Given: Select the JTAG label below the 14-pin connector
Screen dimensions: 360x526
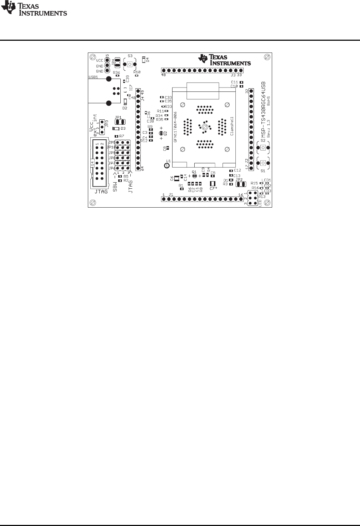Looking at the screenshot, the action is click(x=101, y=192).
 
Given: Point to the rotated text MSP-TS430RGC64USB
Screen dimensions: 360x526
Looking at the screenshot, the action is click(x=264, y=109).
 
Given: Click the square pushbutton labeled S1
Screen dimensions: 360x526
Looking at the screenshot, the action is click(x=263, y=163).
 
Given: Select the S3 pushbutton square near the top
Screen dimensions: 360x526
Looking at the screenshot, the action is click(x=130, y=65).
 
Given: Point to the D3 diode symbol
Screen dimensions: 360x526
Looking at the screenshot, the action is click(x=116, y=129).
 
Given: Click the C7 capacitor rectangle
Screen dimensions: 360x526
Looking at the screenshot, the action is click(x=212, y=184).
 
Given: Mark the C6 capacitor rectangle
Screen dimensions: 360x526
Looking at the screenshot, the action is click(x=177, y=178).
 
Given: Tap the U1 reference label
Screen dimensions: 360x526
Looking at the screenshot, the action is click(x=169, y=161).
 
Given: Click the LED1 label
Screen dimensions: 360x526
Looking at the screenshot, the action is click(x=266, y=180).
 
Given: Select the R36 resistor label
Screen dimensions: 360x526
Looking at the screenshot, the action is click(x=116, y=72).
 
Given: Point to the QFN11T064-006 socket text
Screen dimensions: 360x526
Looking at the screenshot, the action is click(x=175, y=127).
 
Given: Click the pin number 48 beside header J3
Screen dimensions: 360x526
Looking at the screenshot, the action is click(x=164, y=75).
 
